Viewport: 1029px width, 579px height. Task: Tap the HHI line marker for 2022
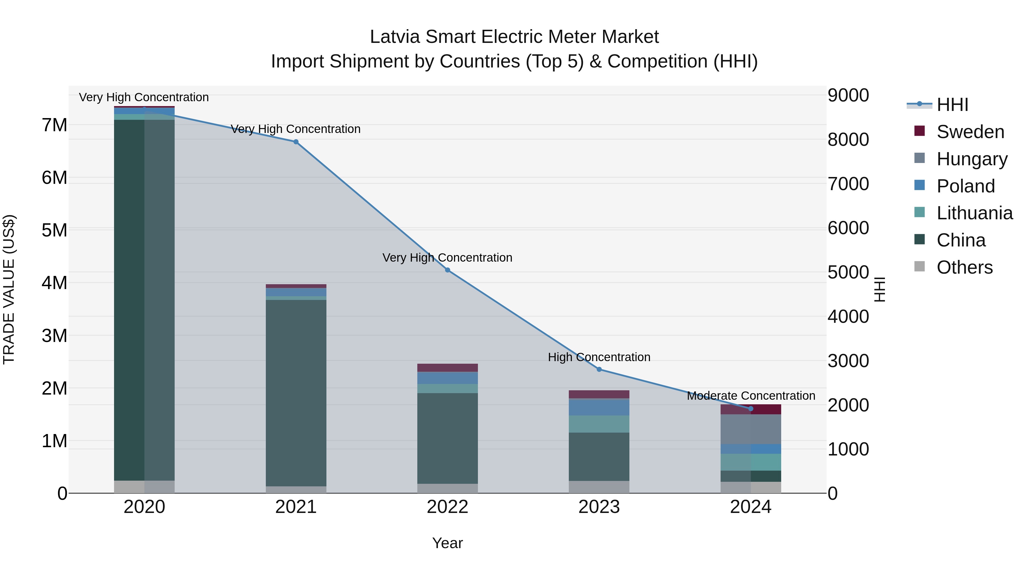point(447,270)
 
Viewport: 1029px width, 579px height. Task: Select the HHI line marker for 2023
point(599,369)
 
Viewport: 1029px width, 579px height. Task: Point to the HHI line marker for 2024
point(750,408)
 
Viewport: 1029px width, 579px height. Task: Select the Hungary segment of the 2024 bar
point(750,429)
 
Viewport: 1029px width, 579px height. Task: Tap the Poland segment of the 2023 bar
point(599,407)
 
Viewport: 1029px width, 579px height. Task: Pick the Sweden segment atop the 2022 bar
point(447,368)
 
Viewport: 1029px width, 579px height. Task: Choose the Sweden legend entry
point(970,132)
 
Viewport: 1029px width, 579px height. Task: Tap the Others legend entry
point(964,267)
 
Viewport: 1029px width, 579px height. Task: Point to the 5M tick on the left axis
point(54,230)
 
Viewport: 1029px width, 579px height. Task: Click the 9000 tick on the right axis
point(848,95)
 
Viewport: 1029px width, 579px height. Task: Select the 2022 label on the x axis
point(447,507)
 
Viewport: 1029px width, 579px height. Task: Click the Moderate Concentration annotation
point(751,396)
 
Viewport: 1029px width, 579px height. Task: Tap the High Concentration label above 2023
point(599,357)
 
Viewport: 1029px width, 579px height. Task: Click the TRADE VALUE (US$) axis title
point(9,289)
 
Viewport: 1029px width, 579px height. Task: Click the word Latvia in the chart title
point(395,37)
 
